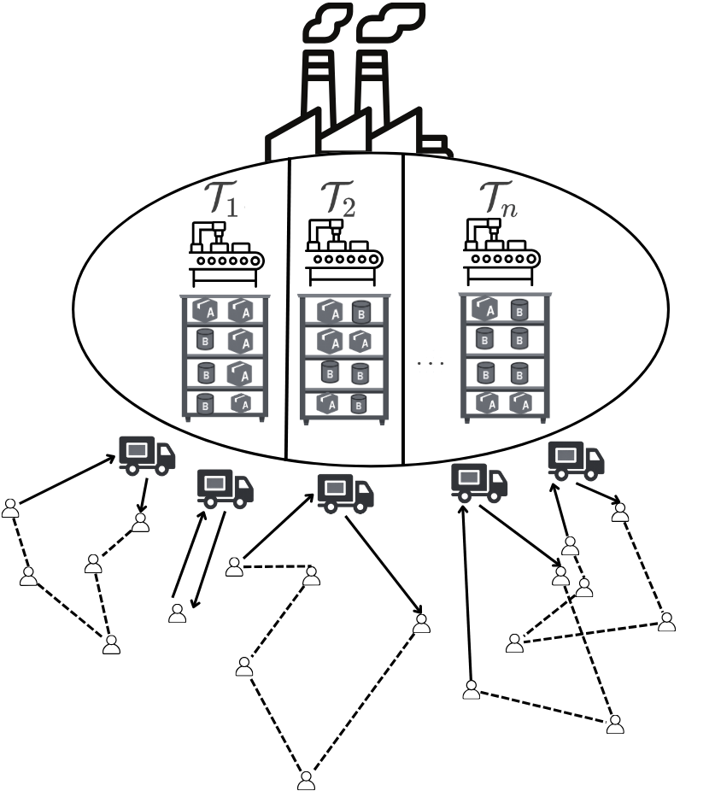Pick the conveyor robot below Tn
pos(501,249)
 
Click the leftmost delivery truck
pos(146,454)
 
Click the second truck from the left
pos(225,488)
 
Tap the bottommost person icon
pos(306,780)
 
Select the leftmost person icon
pos(10,507)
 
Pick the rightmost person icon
pos(666,621)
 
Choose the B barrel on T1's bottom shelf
pos(205,404)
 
